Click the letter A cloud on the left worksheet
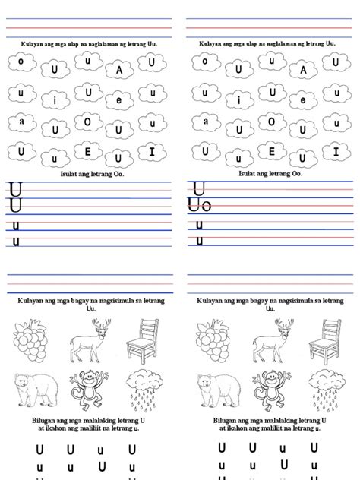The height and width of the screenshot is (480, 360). (x=119, y=71)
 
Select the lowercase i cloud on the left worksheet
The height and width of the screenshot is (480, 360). (x=55, y=99)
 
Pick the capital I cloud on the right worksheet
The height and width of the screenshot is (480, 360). (x=333, y=152)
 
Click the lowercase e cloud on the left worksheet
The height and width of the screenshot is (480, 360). (x=119, y=99)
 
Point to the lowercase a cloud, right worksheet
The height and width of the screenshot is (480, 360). (x=205, y=121)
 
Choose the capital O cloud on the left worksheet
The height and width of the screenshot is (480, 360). (x=87, y=122)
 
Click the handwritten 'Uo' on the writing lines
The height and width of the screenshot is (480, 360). (x=201, y=205)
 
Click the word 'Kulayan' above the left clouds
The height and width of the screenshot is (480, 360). (x=33, y=44)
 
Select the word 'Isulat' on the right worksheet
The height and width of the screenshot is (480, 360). (x=248, y=173)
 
